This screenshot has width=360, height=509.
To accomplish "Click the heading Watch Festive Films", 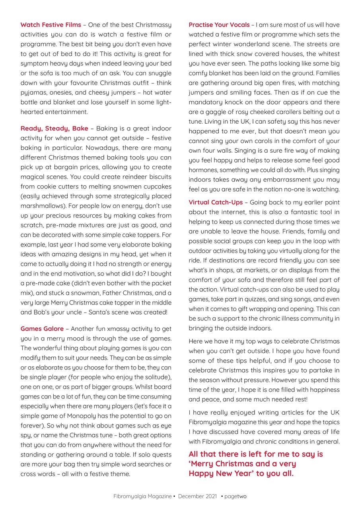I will [51, 25].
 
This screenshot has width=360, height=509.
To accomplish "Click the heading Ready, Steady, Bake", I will [54, 128].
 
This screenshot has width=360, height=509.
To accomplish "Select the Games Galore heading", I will [42, 329].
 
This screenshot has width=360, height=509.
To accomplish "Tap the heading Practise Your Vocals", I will [219, 25].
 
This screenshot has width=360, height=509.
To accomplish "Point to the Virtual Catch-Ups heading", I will [216, 202].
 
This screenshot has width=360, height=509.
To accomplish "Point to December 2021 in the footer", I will [197, 496].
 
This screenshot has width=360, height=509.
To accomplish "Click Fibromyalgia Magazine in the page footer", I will [142, 496].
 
